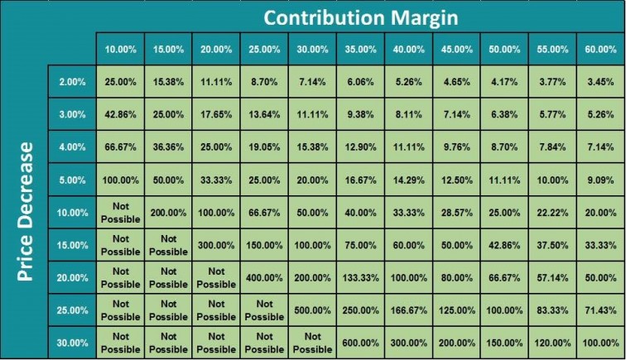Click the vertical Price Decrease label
pos(26,212)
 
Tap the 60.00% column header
pos(600,49)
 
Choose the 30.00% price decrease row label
pos(71,343)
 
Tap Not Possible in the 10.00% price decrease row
pos(121,212)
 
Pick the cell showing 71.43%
pos(600,310)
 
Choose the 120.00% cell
pos(552,343)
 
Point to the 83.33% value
pos(552,310)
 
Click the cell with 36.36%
pos(169,146)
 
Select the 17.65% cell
pos(217,114)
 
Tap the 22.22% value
pos(552,212)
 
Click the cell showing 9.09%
pos(600,180)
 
